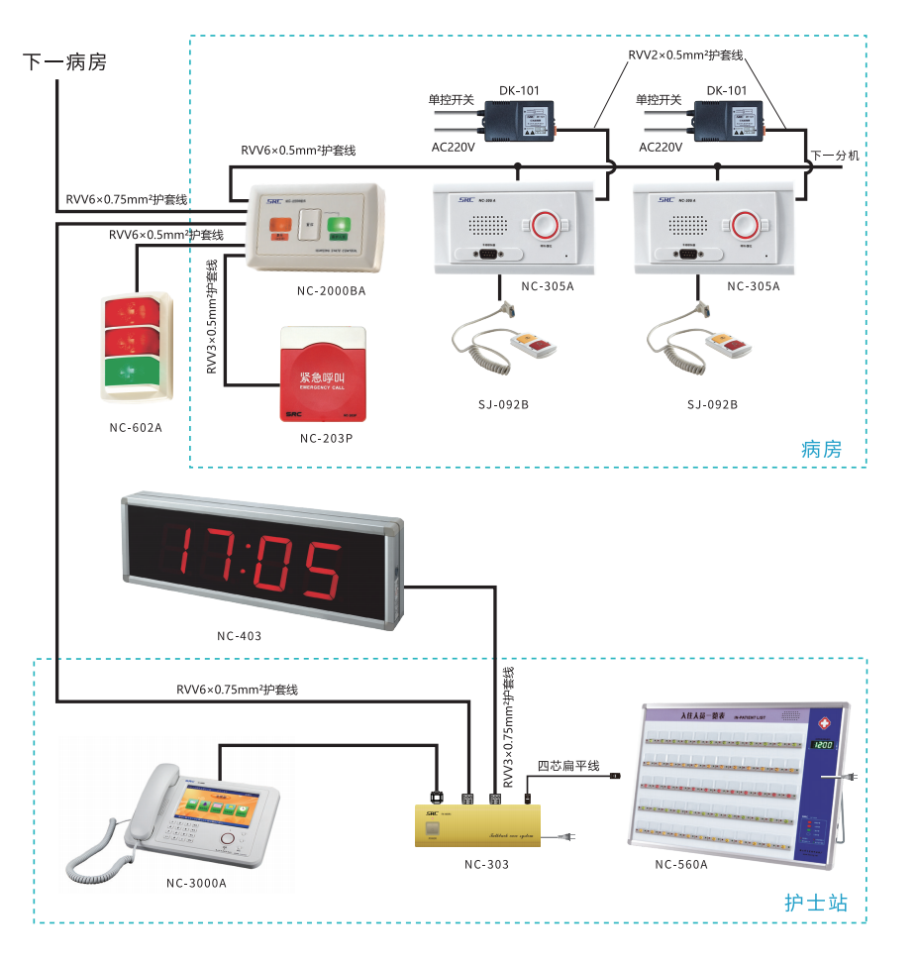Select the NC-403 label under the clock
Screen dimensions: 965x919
(240, 636)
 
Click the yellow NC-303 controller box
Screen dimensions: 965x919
(478, 825)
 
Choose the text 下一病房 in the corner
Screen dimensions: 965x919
(64, 62)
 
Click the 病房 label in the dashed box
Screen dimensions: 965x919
(821, 450)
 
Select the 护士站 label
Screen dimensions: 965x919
(816, 903)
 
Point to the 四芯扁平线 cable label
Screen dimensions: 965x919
(568, 766)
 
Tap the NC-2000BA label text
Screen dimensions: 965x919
(331, 291)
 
